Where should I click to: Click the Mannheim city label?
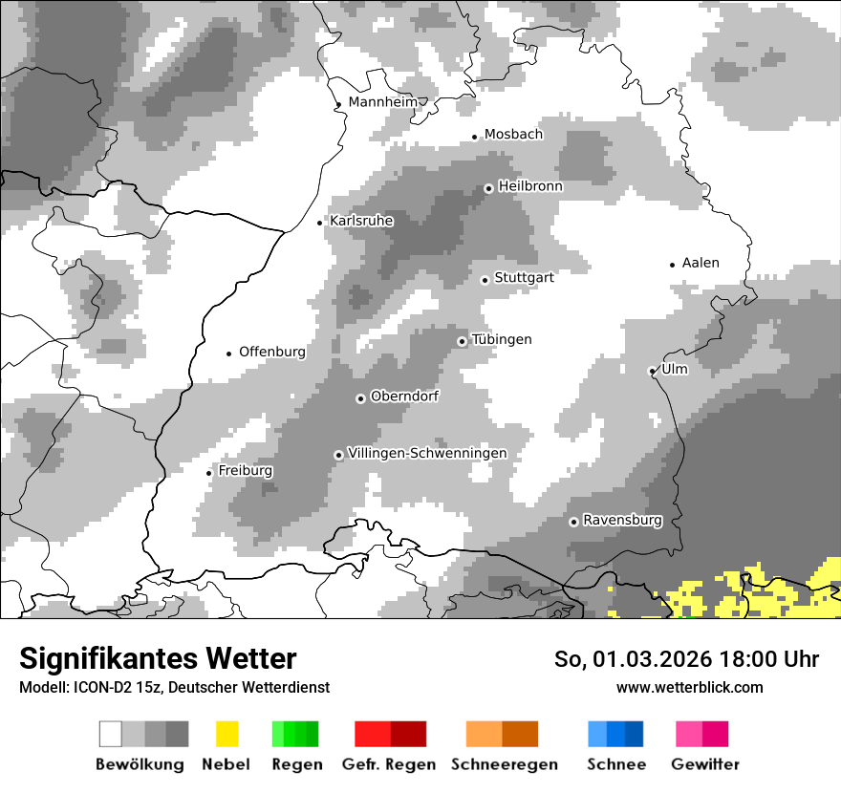click(x=383, y=102)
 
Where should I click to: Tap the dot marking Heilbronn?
click(x=488, y=188)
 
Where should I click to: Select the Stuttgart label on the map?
click(x=524, y=278)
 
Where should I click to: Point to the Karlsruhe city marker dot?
click(x=320, y=223)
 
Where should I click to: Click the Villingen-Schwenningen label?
click(x=427, y=454)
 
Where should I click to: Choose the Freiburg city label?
click(x=246, y=471)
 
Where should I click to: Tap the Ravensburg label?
click(x=622, y=521)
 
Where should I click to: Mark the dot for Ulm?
click(x=652, y=371)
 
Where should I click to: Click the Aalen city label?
click(x=701, y=263)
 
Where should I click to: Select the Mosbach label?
click(x=513, y=135)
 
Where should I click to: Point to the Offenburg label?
click(x=272, y=352)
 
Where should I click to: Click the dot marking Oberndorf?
click(x=360, y=398)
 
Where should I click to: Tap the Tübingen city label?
click(x=502, y=340)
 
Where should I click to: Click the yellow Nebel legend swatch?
click(x=226, y=734)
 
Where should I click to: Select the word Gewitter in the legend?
click(x=705, y=764)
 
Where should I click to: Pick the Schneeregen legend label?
click(x=505, y=764)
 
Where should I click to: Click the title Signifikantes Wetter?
click(x=158, y=658)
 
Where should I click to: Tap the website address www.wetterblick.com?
click(x=689, y=687)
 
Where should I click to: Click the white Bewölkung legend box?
click(x=111, y=734)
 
